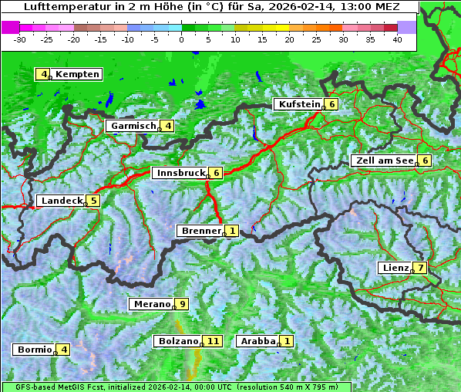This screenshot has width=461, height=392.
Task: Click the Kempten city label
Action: pos(77,74)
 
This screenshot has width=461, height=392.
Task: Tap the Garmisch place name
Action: pos(133,126)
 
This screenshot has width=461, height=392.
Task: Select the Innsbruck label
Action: pos(180,173)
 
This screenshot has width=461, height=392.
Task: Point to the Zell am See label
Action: pos(384,161)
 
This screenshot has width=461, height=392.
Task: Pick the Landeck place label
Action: pos(62,201)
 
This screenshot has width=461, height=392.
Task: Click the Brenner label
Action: pos(200,231)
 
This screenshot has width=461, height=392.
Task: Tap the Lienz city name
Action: pos(395,268)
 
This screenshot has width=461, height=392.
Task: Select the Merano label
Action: pos(151,304)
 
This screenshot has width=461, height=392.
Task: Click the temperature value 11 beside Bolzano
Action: pos(214,341)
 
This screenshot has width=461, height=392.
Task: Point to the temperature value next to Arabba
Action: pos(288,341)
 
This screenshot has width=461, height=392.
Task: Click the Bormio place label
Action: pos(35,350)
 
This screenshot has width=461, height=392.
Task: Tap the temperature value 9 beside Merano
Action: pos(182,304)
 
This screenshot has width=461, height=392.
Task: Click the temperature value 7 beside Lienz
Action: pos(419,268)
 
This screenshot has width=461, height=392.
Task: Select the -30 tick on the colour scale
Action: pos(21,39)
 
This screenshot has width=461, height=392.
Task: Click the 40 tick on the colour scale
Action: pos(397,39)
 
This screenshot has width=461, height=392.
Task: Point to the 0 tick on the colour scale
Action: pos(182,39)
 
